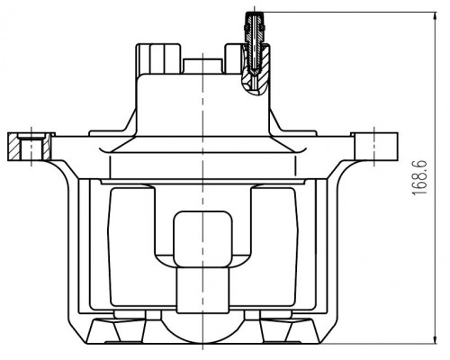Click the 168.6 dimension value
pos(419,178)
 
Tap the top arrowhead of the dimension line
pos(436,17)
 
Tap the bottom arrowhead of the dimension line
pos(436,338)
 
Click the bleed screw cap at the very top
pos(254,14)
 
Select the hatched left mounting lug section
pos(30,147)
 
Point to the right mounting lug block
pos(375,147)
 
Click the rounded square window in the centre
pos(202,239)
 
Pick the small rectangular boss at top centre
pos(202,67)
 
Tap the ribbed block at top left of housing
pos(158,58)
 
